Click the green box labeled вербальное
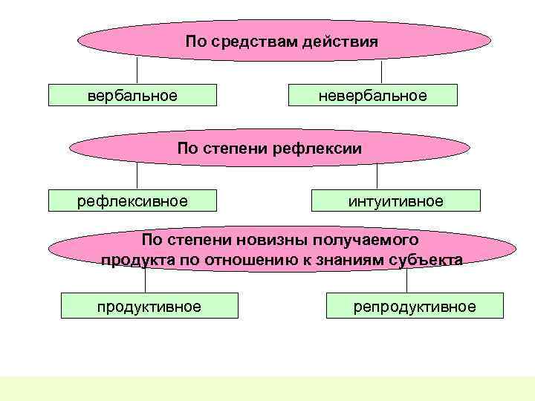coord(133,96)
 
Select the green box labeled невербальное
coord(372,96)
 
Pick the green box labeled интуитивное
coord(396,201)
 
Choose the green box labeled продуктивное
coord(149,306)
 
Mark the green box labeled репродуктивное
coord(414,306)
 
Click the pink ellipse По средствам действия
coord(283,41)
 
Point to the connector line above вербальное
coord(137,71)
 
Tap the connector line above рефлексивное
coord(137,176)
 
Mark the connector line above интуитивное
coord(377,177)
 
